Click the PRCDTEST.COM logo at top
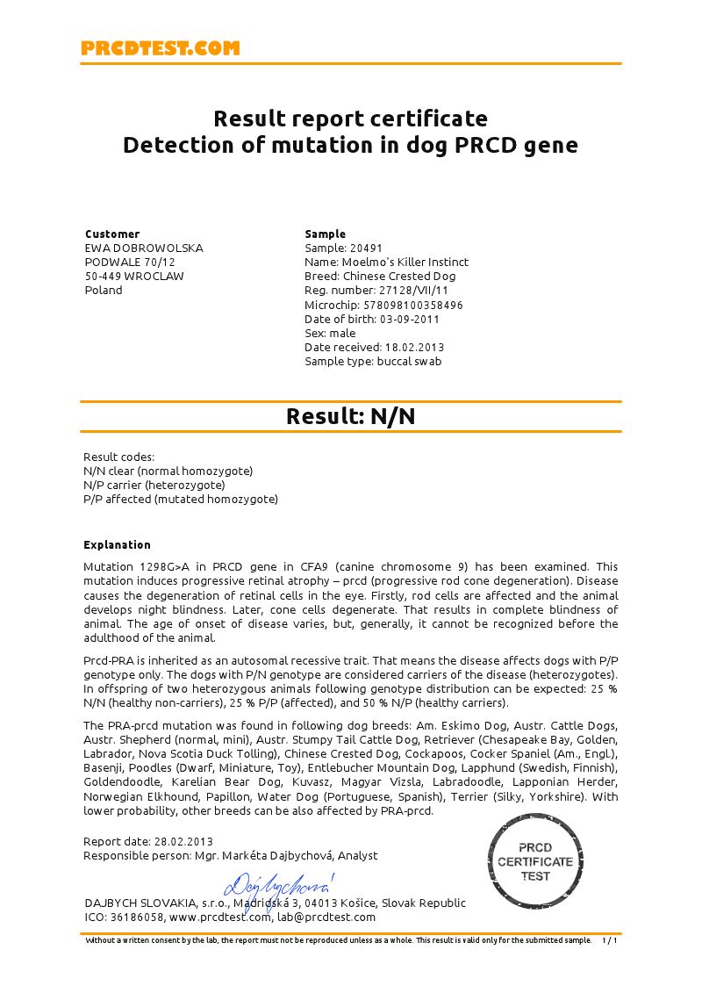(160, 48)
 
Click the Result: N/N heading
(350, 416)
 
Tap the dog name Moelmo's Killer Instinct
(405, 263)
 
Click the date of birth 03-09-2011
(409, 319)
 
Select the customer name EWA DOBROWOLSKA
(144, 248)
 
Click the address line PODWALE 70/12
(130, 263)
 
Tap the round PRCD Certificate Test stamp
(535, 861)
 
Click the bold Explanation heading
(117, 545)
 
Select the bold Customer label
(112, 234)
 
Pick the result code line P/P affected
(180, 500)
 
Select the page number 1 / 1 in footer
(610, 940)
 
